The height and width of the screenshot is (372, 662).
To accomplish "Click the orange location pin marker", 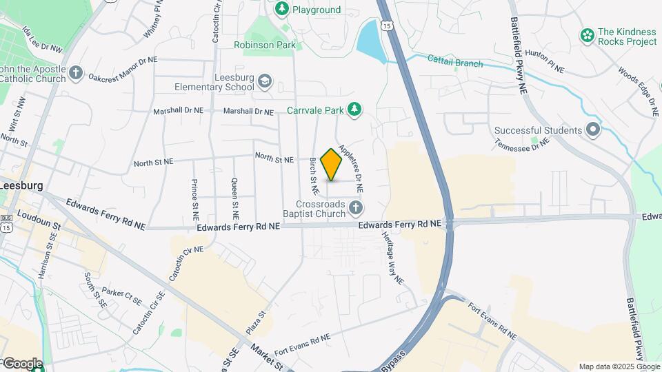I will [x=332, y=164].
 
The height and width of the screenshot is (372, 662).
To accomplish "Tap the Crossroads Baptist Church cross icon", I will [x=355, y=207].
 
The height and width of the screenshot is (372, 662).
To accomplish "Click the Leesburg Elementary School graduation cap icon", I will [x=265, y=83].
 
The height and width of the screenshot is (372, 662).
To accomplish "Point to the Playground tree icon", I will [x=281, y=9].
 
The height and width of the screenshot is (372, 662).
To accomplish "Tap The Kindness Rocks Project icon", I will [x=587, y=36].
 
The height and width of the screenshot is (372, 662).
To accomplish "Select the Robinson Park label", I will [x=264, y=45].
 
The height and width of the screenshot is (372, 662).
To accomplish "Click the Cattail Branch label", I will [x=454, y=63].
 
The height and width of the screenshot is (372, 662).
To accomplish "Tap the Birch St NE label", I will [x=314, y=174].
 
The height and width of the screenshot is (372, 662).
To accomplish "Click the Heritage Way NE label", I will [x=392, y=257].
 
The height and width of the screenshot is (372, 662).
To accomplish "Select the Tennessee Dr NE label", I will [x=521, y=143].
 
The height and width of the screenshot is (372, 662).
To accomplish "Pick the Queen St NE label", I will [x=235, y=194].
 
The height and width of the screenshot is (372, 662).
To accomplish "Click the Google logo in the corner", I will [x=22, y=363].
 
